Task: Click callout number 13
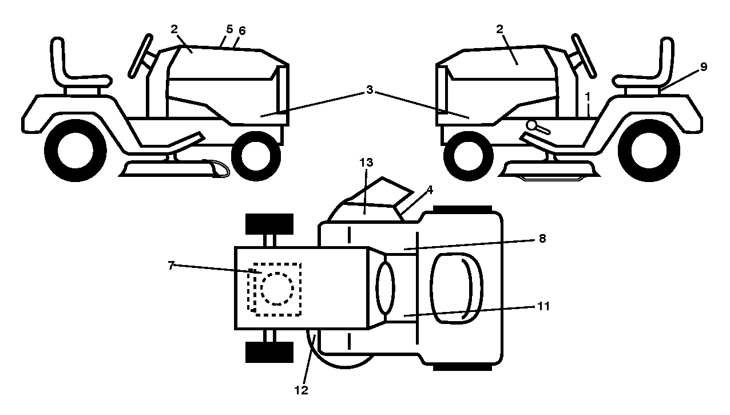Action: [366, 163]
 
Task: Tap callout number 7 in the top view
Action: [172, 266]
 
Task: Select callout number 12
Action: [301, 390]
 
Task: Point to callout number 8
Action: [542, 239]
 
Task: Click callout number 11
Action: [543, 306]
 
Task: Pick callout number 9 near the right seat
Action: [704, 67]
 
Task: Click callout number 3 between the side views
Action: [369, 90]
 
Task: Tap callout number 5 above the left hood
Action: [229, 29]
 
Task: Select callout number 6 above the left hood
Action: [242, 31]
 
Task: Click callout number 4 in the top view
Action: [430, 189]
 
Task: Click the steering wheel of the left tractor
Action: [141, 56]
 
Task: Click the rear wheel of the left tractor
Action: [76, 151]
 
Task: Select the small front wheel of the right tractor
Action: [469, 156]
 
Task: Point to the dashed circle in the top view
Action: [277, 289]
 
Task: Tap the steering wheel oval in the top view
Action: [385, 288]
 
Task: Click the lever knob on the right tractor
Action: [531, 125]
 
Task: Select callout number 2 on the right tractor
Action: [499, 29]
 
